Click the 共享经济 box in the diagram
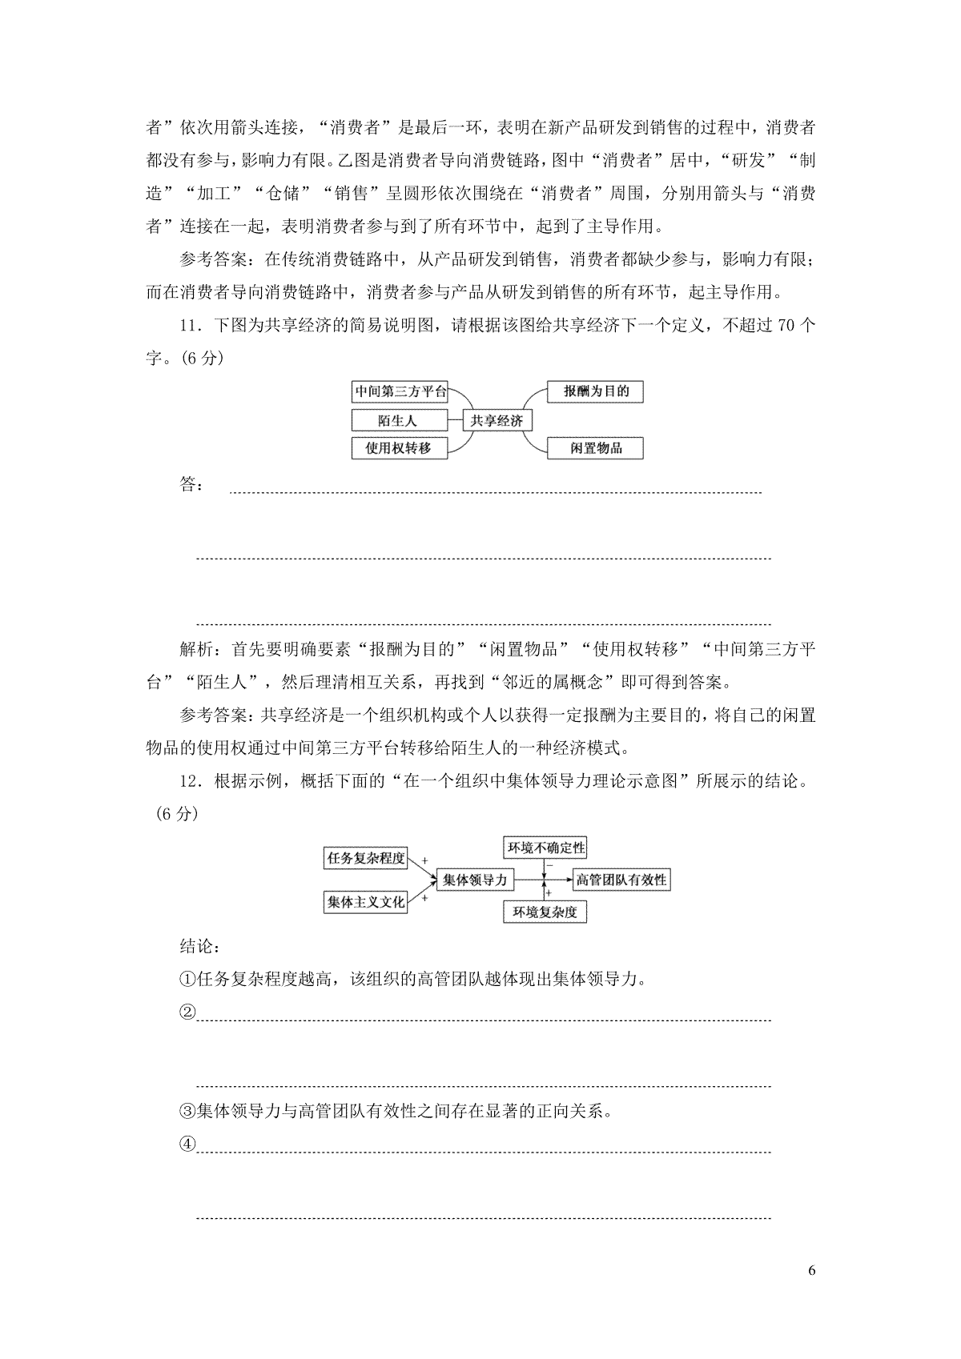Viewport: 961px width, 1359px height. pos(497,420)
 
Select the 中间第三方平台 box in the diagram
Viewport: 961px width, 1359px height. pos(400,392)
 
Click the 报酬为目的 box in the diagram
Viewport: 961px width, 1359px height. pos(596,391)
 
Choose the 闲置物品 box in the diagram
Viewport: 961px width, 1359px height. pos(596,447)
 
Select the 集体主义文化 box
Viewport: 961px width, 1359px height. pos(365,902)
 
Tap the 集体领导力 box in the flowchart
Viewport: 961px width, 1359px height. pos(475,880)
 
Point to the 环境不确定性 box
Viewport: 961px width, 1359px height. pos(545,848)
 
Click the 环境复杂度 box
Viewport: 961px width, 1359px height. pos(545,912)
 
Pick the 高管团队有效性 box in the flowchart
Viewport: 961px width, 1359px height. pos(621,880)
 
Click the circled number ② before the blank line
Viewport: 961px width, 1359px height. pos(187,1012)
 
